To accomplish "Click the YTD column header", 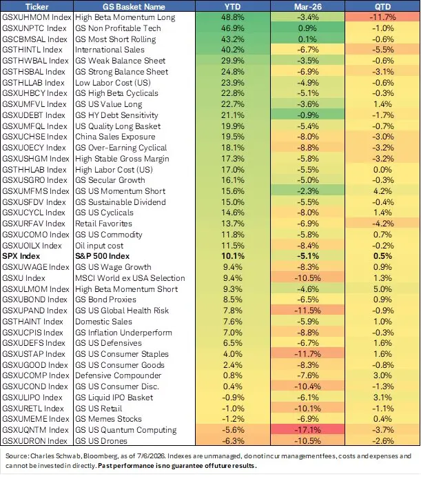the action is pos(232,6).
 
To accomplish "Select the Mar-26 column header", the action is pos(307,6).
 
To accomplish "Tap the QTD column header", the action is pos(382,6).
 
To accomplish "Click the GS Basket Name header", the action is pos(134,6).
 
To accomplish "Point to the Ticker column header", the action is pos(37,6).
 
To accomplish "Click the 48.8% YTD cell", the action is pos(232,17).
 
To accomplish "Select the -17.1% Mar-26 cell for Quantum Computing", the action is pos(307,430).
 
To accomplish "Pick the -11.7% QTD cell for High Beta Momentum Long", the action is pos(382,17).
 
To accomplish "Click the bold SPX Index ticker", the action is pos(21,256).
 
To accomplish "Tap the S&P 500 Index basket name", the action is pos(102,256).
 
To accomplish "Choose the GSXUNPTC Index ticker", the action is pos(34,28).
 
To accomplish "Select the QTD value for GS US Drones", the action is pos(382,441).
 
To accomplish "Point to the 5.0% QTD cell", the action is pos(382,289).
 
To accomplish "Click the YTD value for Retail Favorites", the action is pos(232,224).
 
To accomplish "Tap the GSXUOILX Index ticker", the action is pos(32,246).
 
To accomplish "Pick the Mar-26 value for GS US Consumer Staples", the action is pos(307,354).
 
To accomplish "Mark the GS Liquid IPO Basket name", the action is pos(114,398).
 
